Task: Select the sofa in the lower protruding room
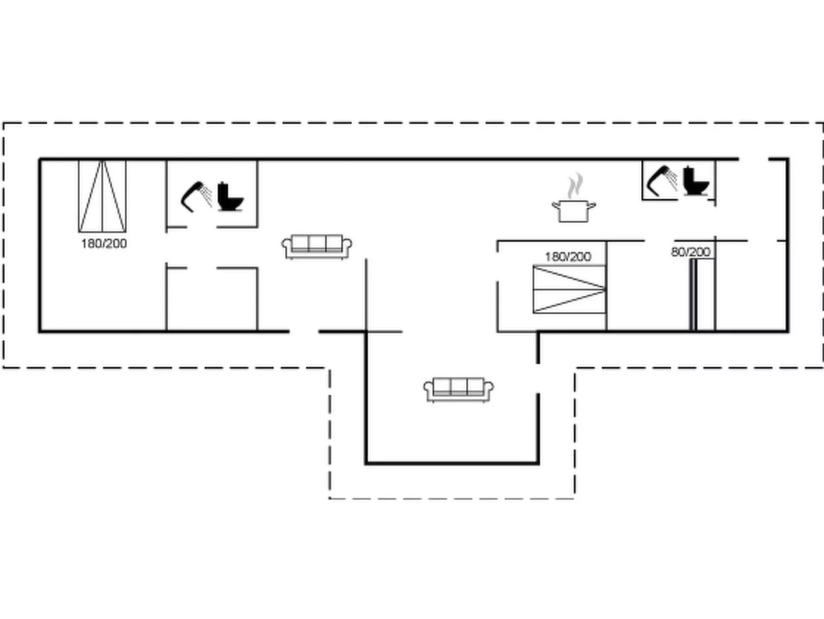point(458,389)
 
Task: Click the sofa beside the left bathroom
point(317,247)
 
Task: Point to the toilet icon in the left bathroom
point(229,197)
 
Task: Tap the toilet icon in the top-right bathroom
point(696,180)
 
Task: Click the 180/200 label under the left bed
point(104,243)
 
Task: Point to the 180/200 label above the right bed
point(567,256)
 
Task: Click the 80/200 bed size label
point(690,252)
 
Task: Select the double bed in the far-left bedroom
point(102,196)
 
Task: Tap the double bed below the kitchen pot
point(570,289)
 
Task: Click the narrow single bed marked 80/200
point(693,294)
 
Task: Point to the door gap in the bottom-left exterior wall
point(304,331)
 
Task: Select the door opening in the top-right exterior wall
point(753,160)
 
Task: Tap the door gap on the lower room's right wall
point(538,379)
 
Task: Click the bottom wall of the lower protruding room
point(452,463)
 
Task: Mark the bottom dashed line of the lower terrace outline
point(452,498)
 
